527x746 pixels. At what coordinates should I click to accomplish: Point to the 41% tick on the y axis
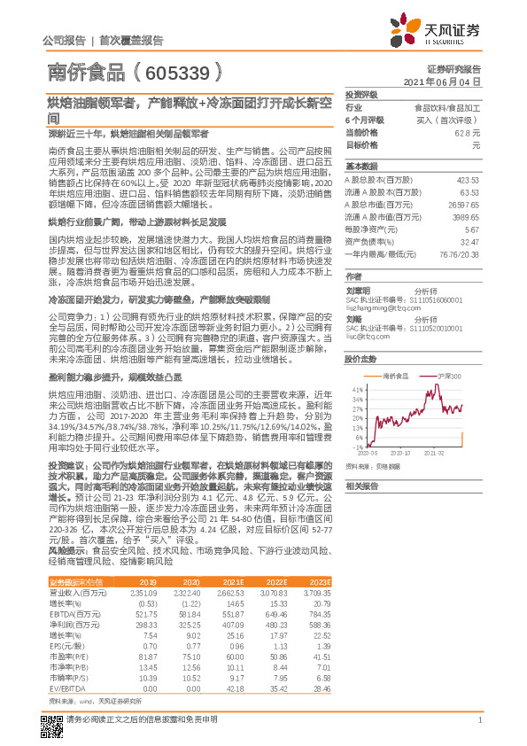[x=358, y=388]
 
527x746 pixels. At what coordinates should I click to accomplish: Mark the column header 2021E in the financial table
[x=232, y=580]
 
